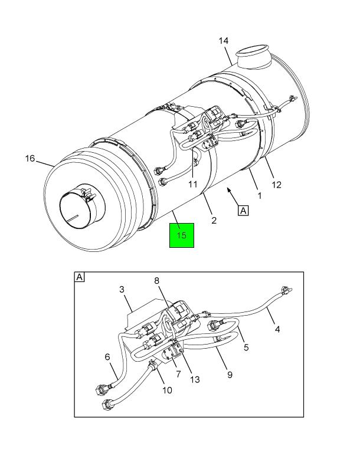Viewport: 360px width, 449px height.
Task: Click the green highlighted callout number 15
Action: coord(182,235)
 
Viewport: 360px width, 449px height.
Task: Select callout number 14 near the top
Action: coord(224,41)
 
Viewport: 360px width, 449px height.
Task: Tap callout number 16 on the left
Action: coord(30,158)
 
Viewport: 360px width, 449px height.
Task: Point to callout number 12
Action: coord(276,185)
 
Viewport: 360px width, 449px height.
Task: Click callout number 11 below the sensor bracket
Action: coord(193,184)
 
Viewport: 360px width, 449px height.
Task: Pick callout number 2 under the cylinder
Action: coord(214,220)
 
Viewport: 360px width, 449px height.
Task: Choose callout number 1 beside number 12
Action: coord(260,196)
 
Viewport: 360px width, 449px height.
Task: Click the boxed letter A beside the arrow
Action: coord(243,211)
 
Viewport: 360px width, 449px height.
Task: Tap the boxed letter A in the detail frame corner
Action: coord(79,277)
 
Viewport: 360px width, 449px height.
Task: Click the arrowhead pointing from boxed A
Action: coord(228,189)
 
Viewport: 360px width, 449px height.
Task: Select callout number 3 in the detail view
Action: coord(122,290)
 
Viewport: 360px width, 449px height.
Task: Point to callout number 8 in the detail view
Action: coord(156,281)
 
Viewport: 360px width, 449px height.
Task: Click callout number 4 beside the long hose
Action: coord(277,329)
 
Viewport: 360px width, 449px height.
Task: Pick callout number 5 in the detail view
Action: coord(246,348)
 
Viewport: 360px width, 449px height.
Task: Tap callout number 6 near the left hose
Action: coord(107,357)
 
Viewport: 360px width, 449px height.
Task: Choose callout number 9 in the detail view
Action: coord(230,375)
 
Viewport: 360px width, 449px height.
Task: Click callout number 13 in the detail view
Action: coord(195,379)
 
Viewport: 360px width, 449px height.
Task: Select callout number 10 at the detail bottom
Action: coord(167,390)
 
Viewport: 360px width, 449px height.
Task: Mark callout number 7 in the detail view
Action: coord(178,374)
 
